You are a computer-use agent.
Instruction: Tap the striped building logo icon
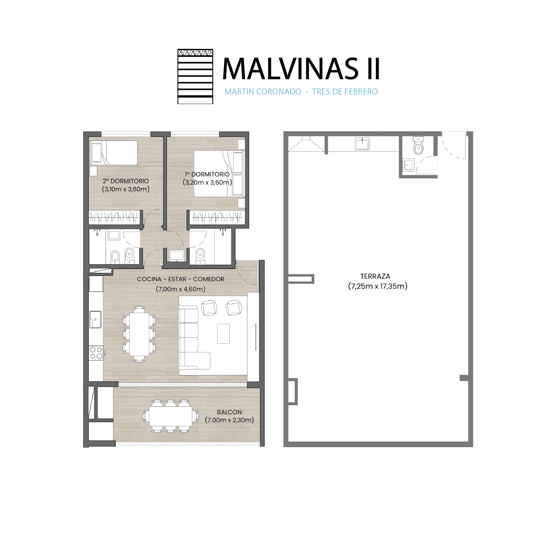tap(195, 76)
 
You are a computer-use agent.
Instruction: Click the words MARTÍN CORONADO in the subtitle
tap(263, 92)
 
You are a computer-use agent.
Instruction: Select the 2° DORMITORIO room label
tap(126, 181)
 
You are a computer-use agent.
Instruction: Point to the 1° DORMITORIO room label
tap(207, 174)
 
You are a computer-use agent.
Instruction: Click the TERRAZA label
tap(375, 276)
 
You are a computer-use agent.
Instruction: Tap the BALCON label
tap(229, 412)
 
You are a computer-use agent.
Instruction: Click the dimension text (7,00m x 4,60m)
tap(180, 289)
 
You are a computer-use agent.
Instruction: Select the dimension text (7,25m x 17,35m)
tap(378, 286)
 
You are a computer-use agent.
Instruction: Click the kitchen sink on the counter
tap(95, 319)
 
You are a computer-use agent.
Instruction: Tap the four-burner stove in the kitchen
tap(96, 353)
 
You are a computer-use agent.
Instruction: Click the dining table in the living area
tap(139, 334)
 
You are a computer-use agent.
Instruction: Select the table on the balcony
tap(171, 416)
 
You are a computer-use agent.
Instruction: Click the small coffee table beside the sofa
tap(223, 333)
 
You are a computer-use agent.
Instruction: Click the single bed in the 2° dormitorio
tap(114, 153)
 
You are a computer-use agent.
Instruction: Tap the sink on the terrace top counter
tap(362, 144)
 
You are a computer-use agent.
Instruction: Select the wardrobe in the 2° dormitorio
tap(114, 217)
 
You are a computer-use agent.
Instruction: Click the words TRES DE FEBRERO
tap(345, 92)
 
